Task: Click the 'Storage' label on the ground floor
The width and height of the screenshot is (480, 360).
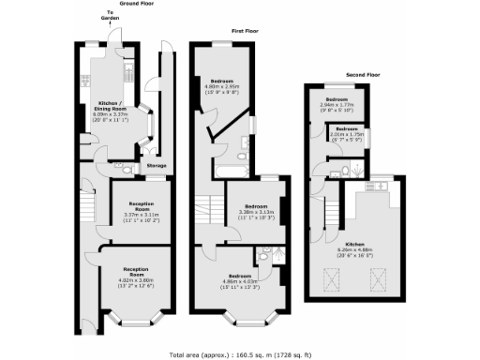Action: (x=157, y=166)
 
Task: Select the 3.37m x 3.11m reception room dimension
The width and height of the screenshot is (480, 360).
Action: (x=139, y=217)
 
